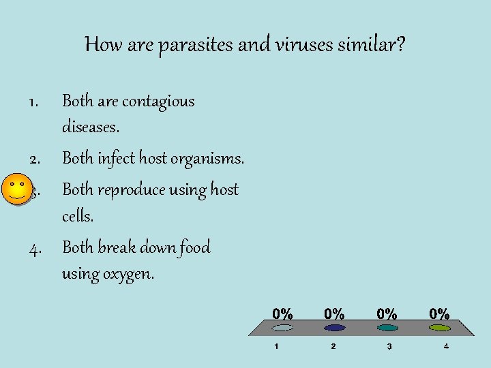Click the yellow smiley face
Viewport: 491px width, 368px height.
pyautogui.click(x=16, y=189)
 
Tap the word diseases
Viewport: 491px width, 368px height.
pyautogui.click(x=91, y=127)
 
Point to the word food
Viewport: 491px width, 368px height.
pyautogui.click(x=194, y=247)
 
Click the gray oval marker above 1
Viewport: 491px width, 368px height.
pyautogui.click(x=282, y=328)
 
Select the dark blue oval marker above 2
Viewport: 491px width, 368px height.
pyautogui.click(x=334, y=328)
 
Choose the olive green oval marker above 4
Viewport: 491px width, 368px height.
pyautogui.click(x=439, y=328)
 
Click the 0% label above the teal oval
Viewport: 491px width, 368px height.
pyautogui.click(x=387, y=314)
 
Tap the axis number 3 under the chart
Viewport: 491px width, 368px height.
pyautogui.click(x=389, y=347)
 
